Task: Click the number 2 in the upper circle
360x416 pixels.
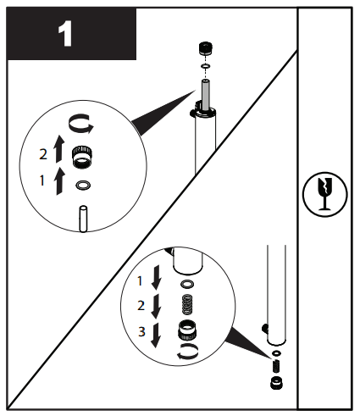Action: (x=44, y=154)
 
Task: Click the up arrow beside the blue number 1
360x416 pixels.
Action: (x=58, y=181)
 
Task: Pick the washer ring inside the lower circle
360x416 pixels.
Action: (x=187, y=284)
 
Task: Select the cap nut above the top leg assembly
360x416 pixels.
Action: (x=204, y=47)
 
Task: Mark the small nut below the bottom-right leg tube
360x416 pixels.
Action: (x=277, y=383)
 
